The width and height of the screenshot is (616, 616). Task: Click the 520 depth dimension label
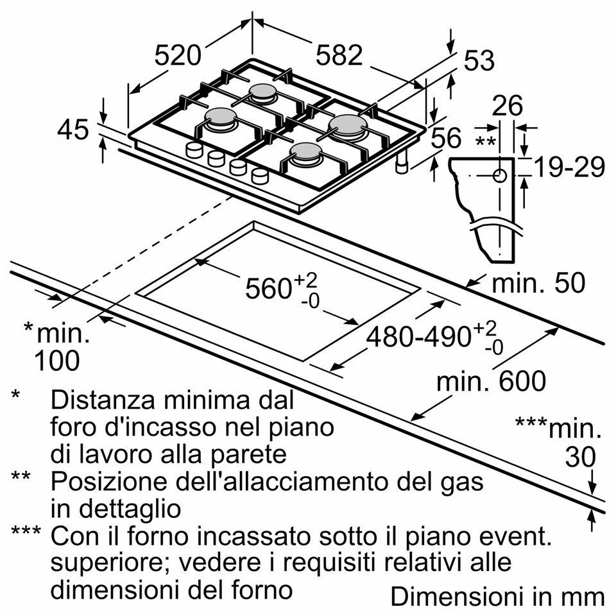pyautogui.click(x=178, y=56)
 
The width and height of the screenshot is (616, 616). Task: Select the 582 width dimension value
pyautogui.click(x=339, y=56)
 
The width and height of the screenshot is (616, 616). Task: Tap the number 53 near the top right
pyautogui.click(x=479, y=61)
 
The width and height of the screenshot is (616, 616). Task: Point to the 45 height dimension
pyautogui.click(x=73, y=130)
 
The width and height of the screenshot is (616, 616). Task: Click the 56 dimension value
pyautogui.click(x=445, y=139)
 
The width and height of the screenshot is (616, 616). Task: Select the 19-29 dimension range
pyautogui.click(x=569, y=167)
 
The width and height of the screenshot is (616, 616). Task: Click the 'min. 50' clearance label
pyautogui.click(x=538, y=283)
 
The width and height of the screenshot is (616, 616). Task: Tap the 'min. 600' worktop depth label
pyautogui.click(x=491, y=382)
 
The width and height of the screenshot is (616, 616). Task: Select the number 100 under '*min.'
pyautogui.click(x=57, y=361)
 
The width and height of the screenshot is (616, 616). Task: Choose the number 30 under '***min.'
pyautogui.click(x=580, y=457)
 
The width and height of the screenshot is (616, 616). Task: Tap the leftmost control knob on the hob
pyautogui.click(x=193, y=151)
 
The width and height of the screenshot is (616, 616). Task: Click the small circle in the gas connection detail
pyautogui.click(x=500, y=175)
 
